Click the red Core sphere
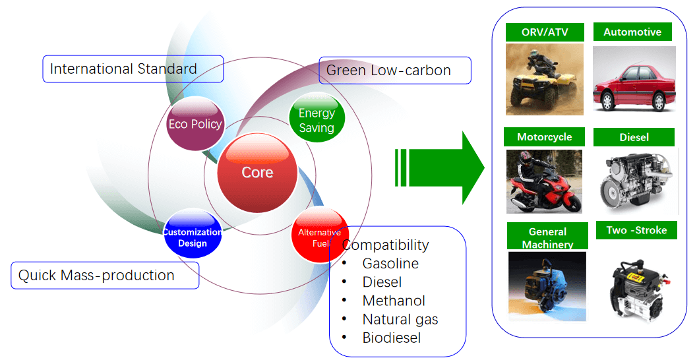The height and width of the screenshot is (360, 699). [x=257, y=173]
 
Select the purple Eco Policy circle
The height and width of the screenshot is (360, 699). [x=196, y=124]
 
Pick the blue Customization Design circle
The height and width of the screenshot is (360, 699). [x=193, y=235]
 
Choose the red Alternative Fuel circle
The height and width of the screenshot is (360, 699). [x=320, y=235]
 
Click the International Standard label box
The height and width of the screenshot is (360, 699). [x=133, y=69]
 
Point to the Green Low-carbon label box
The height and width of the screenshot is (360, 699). [x=394, y=71]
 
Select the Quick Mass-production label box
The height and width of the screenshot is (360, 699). [x=105, y=275]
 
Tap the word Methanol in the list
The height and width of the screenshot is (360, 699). [x=394, y=301]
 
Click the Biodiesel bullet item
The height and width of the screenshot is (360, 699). [x=391, y=338]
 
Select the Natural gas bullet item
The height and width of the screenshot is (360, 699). [x=400, y=319]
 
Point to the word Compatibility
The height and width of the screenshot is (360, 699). [x=386, y=245]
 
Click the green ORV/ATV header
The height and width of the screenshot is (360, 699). [x=545, y=32]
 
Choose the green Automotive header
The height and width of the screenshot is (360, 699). [x=632, y=32]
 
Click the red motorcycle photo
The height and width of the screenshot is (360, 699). [x=544, y=181]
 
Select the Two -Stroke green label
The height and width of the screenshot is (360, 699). [x=636, y=230]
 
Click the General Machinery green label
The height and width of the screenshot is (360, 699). [x=547, y=237]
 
